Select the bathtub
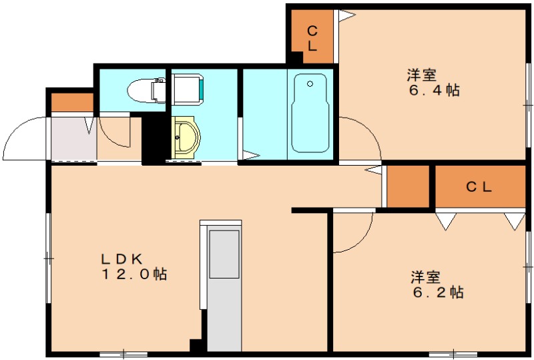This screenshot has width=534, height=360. (x=310, y=113)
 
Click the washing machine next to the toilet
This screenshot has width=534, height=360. (x=190, y=89)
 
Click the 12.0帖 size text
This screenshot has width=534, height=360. (x=134, y=274)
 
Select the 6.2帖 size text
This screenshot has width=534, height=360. (x=437, y=292)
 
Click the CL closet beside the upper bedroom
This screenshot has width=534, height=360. (x=312, y=38)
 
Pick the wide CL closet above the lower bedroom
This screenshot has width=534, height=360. (x=479, y=187)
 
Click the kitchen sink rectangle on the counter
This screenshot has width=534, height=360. (x=224, y=254)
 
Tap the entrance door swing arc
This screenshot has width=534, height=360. (x=23, y=137)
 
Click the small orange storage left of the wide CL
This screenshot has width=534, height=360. (x=408, y=186)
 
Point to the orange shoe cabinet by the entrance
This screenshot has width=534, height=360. (x=72, y=103)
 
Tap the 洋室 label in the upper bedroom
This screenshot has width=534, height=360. (x=422, y=74)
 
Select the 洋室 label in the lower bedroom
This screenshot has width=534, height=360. (x=425, y=276)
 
